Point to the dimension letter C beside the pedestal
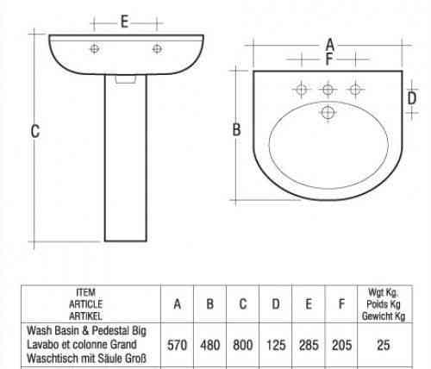click(34, 132)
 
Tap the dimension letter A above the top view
click(328, 44)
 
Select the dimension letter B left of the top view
click(236, 130)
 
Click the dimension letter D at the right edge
click(412, 99)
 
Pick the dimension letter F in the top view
click(328, 59)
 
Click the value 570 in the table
click(177, 344)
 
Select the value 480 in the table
click(210, 344)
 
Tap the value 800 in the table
click(244, 344)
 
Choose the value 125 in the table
click(276, 344)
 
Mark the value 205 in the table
click(342, 344)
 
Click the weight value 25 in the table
click(385, 344)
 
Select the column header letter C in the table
click(244, 303)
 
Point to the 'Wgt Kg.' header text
click(385, 292)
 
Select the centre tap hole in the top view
click(328, 89)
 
